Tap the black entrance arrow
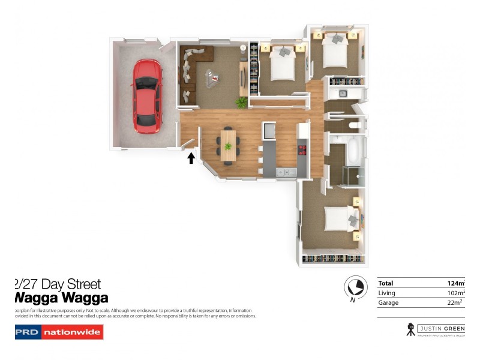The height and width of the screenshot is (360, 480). coord(191,158)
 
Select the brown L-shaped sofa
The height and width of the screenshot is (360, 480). coord(193,66)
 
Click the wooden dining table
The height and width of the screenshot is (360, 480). coord(228,145)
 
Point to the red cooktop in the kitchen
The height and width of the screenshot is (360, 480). coord(302,149)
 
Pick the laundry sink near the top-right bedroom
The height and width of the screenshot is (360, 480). coord(344,94)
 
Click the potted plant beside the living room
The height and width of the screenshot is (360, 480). coord(242,103)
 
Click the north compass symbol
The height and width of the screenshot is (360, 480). coord(355,286)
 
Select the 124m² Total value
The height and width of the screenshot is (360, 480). coord(456,283)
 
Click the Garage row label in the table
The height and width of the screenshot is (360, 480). coord(388,302)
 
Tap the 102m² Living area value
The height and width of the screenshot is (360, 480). coord(456,293)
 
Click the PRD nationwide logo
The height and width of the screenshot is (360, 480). coord(59,332)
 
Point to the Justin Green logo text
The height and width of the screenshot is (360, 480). coord(443,328)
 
